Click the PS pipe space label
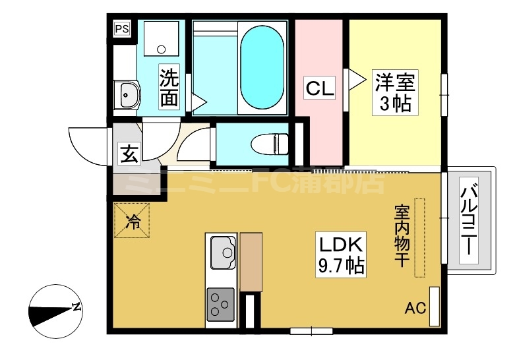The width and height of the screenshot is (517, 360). coord(121,29)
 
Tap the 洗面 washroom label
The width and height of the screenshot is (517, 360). coord(169,86)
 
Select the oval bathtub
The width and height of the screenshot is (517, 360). coord(262,67)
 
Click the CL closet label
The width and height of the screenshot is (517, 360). coord(319,88)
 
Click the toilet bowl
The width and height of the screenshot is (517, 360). coord(270,144)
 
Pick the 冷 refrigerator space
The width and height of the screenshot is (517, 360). coord(132,220)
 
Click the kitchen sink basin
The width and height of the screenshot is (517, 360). coord(223,252)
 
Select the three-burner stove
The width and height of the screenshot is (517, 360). coord(220,305)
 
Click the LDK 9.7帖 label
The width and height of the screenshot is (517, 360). coord(341,255)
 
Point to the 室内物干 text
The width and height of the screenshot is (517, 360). coord(402,236)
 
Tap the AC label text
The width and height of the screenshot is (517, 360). coord(415,309)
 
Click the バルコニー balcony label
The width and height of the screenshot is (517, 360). coord(469,220)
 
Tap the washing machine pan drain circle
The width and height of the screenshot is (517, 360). coord(161,49)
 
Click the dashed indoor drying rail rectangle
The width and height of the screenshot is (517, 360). coord(419,237)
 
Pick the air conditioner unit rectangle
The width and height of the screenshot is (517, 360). coord(435,307)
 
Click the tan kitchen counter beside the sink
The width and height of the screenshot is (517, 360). coord(251,262)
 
